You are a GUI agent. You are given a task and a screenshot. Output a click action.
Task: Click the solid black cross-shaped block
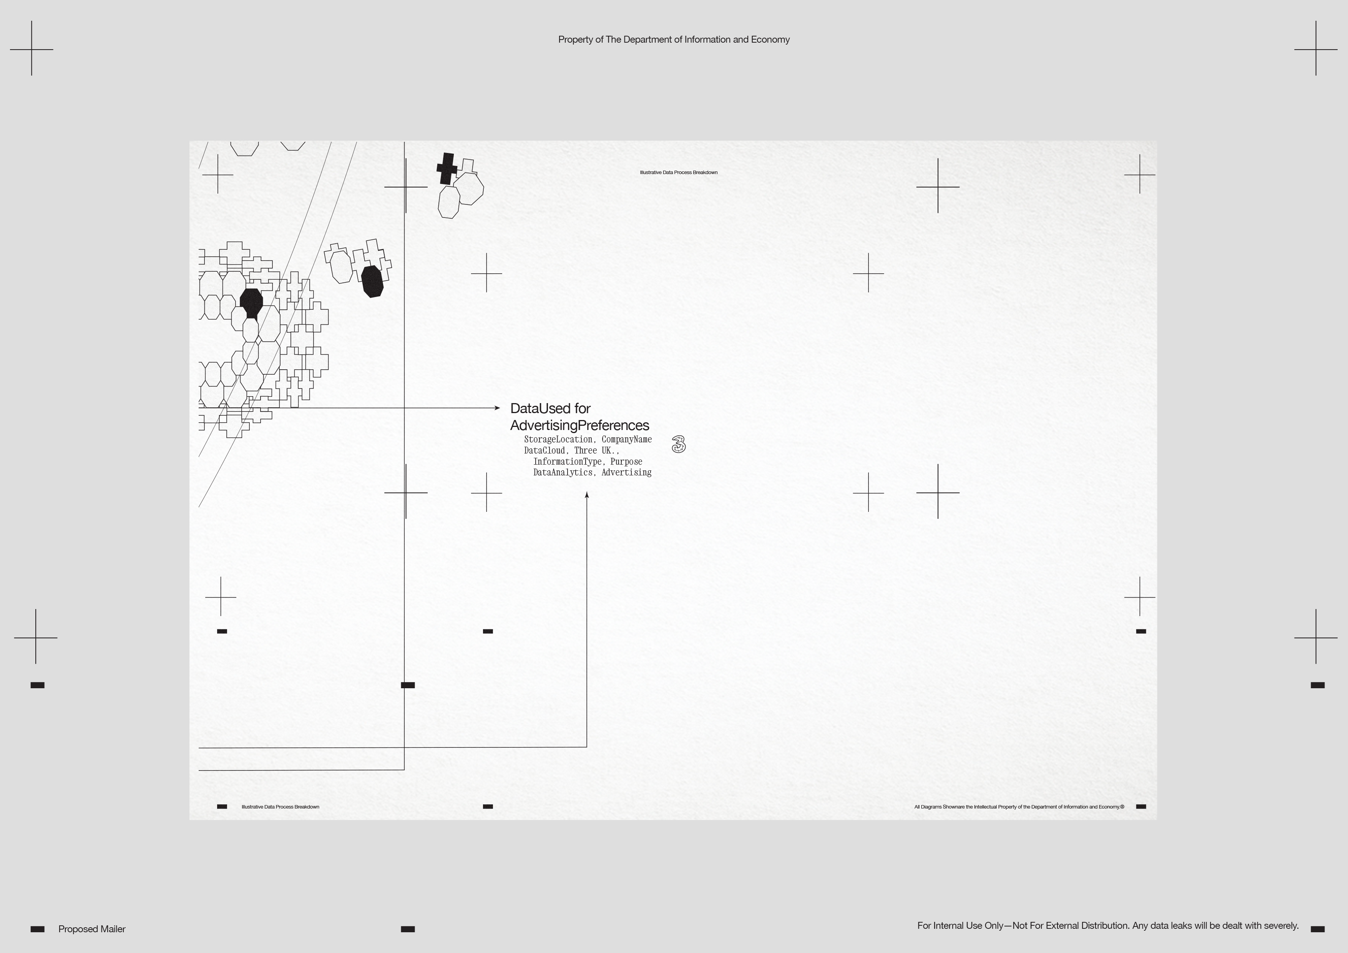tap(447, 169)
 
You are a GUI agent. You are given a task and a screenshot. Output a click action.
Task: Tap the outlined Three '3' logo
tap(678, 445)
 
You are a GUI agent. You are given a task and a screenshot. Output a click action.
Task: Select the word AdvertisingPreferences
tap(579, 425)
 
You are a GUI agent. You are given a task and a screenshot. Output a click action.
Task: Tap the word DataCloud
tap(544, 450)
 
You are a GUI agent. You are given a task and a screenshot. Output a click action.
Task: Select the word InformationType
tap(567, 462)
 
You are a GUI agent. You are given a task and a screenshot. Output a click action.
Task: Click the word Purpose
tap(626, 462)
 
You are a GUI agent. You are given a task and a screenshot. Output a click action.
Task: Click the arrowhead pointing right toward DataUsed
tap(497, 407)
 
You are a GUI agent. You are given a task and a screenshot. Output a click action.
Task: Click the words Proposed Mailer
tap(91, 929)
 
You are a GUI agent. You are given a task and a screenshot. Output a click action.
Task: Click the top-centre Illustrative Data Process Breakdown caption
tap(678, 173)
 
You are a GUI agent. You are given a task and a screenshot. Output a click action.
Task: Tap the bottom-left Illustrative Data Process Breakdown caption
tap(280, 807)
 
